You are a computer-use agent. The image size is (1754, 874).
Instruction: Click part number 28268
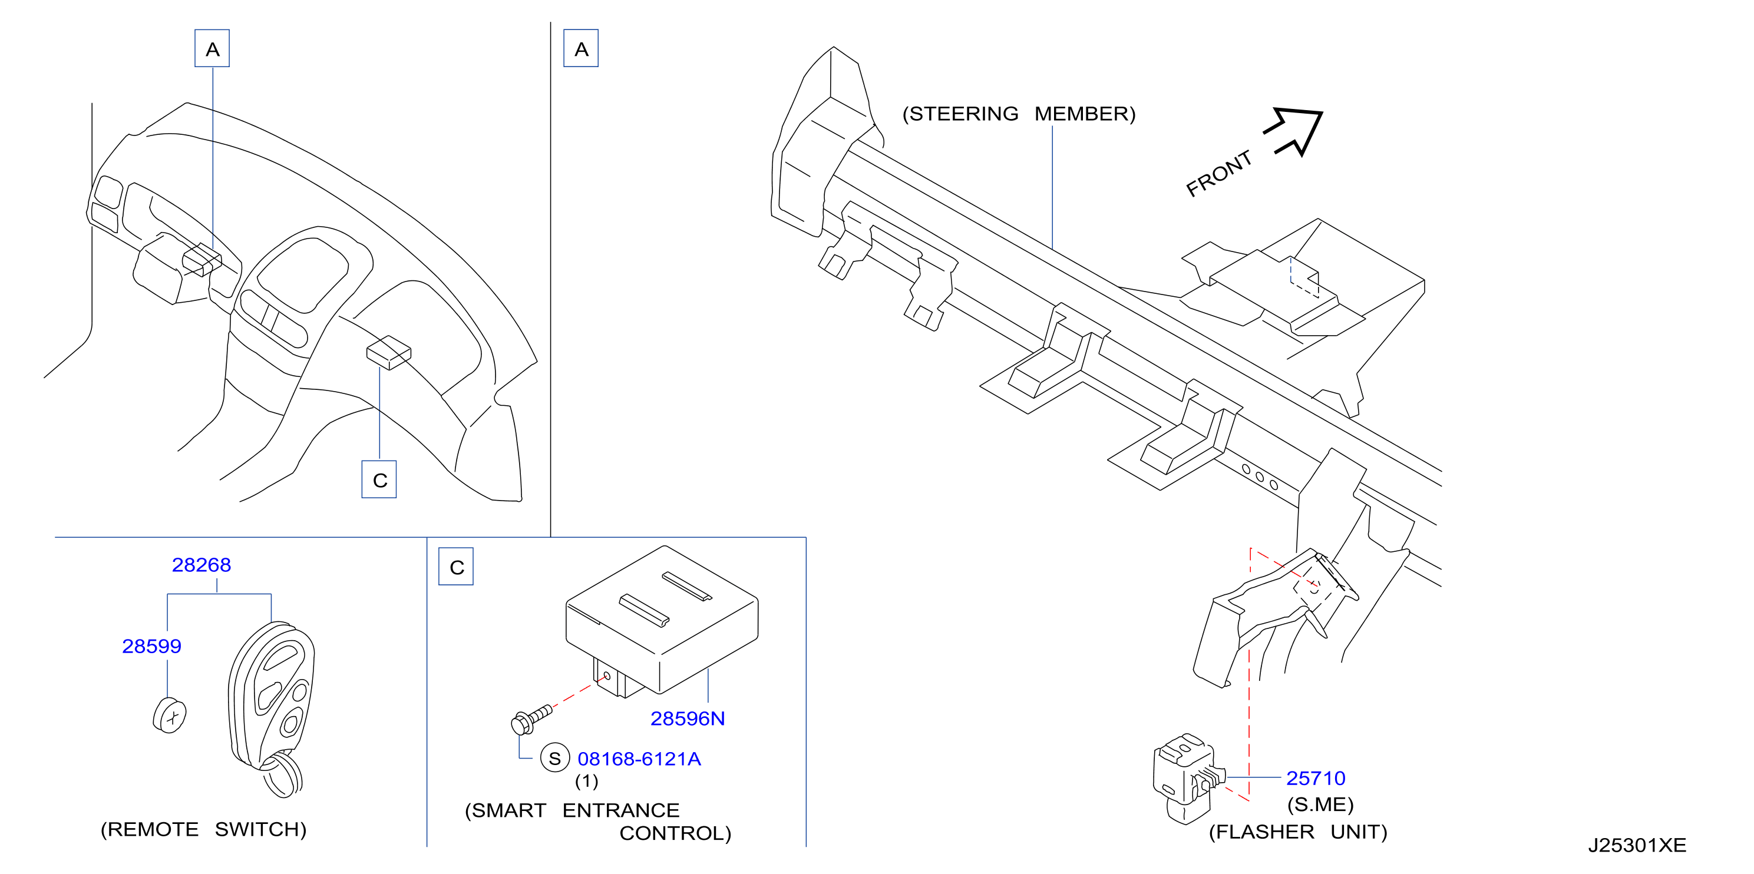click(201, 565)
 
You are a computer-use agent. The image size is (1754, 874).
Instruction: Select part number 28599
click(151, 646)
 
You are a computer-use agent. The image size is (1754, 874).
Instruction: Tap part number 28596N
click(687, 718)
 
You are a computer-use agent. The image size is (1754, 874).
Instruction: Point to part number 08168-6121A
click(639, 759)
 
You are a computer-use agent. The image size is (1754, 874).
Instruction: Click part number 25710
click(1316, 778)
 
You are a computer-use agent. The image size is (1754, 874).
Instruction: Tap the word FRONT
click(1219, 174)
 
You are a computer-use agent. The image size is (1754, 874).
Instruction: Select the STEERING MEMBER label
click(1019, 114)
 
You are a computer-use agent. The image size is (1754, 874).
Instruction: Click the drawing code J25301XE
click(1637, 845)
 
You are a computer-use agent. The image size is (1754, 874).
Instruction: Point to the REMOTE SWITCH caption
click(204, 829)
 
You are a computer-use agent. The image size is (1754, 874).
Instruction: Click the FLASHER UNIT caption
click(1298, 832)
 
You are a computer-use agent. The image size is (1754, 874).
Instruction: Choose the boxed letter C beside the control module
click(456, 567)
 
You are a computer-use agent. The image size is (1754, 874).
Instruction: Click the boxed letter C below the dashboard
click(379, 480)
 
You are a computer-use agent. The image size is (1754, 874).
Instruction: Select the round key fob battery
click(170, 716)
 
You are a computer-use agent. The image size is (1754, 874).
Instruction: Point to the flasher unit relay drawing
click(1189, 777)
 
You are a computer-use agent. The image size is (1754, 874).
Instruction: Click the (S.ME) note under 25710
click(1320, 805)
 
